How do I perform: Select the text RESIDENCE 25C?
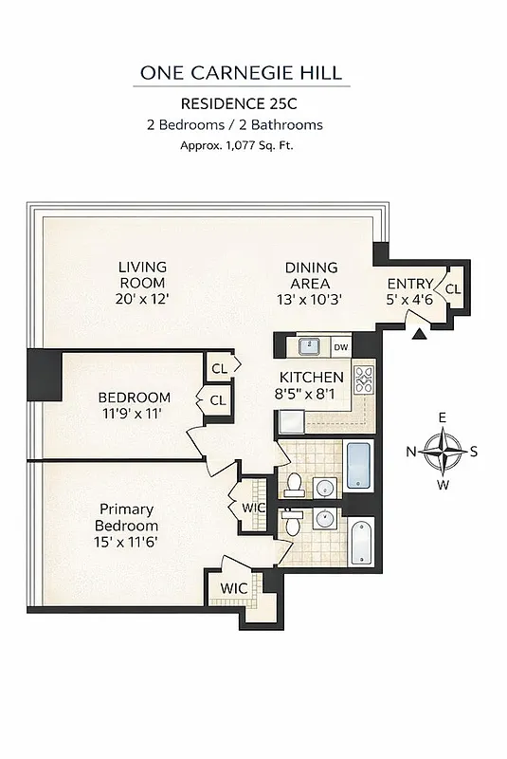click(x=234, y=104)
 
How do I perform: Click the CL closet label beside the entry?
click(x=453, y=289)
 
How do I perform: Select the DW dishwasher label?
click(x=340, y=346)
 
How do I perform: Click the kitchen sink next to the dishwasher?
click(x=310, y=346)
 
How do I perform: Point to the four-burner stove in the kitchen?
click(x=363, y=380)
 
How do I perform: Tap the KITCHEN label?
click(x=311, y=378)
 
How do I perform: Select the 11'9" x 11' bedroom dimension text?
click(x=135, y=414)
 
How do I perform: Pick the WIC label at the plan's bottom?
click(x=233, y=588)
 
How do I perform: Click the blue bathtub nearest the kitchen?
click(x=357, y=465)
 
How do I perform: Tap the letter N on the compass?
click(x=411, y=452)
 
